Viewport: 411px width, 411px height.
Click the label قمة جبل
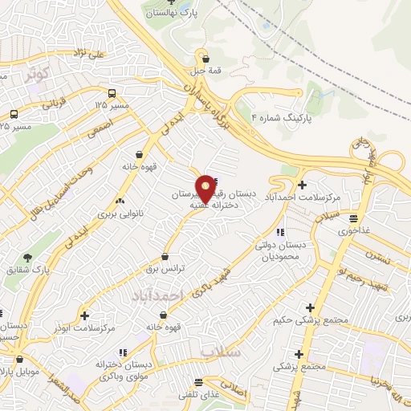pyautogui.click(x=206, y=70)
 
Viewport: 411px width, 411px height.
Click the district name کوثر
pyautogui.click(x=38, y=74)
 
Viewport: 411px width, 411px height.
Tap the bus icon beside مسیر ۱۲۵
pyautogui.click(x=111, y=92)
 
